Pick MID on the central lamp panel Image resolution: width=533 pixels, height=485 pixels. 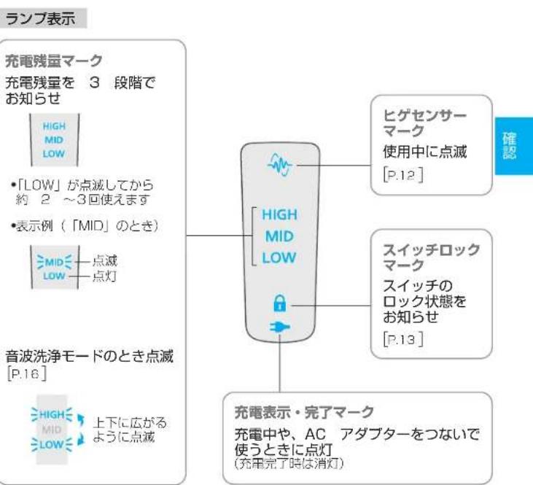(279, 238)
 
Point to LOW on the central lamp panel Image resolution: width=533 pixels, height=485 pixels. (281, 258)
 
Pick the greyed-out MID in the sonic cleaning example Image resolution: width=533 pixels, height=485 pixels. (56, 426)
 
